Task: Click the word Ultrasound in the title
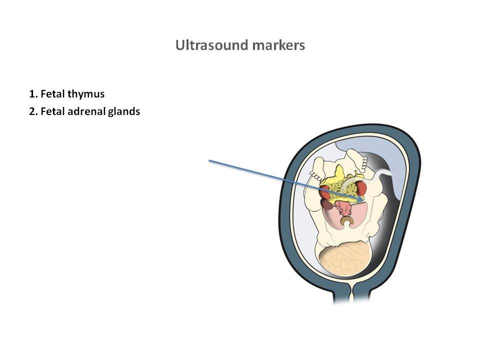tap(212, 45)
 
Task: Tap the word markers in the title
tap(278, 45)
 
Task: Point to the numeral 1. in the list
tap(33, 94)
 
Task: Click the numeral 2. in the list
tap(33, 111)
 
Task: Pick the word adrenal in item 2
tap(86, 111)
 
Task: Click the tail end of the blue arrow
tap(209, 160)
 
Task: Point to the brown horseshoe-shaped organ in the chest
tap(347, 220)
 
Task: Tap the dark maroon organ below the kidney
tap(327, 204)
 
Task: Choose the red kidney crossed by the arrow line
tap(325, 192)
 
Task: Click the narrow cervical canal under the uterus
tap(351, 293)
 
